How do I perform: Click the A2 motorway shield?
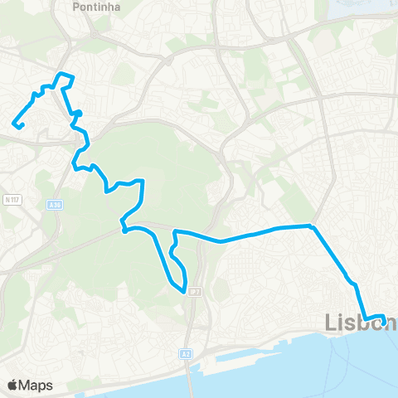(185, 354)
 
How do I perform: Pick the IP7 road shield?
(194, 291)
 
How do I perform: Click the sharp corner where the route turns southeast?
(312, 225)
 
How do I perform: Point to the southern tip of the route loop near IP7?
(183, 291)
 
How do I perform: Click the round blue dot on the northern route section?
(80, 114)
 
